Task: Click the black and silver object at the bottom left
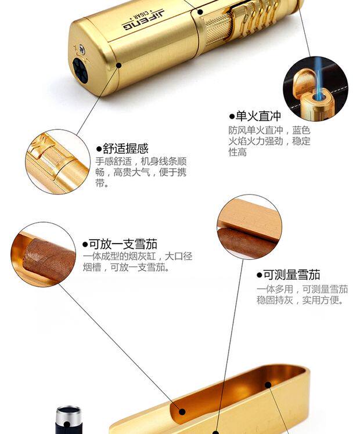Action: tap(69, 421)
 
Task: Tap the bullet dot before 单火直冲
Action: tap(232, 117)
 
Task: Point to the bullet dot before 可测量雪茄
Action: tap(260, 275)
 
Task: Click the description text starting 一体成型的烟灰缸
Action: tap(137, 262)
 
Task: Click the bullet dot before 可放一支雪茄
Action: tap(85, 244)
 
